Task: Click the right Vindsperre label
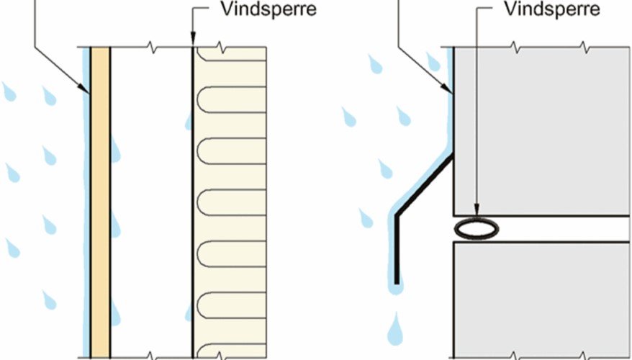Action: (x=551, y=11)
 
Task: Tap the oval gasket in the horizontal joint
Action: (x=477, y=228)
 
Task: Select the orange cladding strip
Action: (x=99, y=202)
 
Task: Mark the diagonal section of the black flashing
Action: (x=425, y=184)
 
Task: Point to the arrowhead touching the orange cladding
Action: (x=87, y=91)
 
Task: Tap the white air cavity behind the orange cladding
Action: (x=151, y=202)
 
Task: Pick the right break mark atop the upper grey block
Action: (x=584, y=48)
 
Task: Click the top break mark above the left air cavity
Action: (x=151, y=48)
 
